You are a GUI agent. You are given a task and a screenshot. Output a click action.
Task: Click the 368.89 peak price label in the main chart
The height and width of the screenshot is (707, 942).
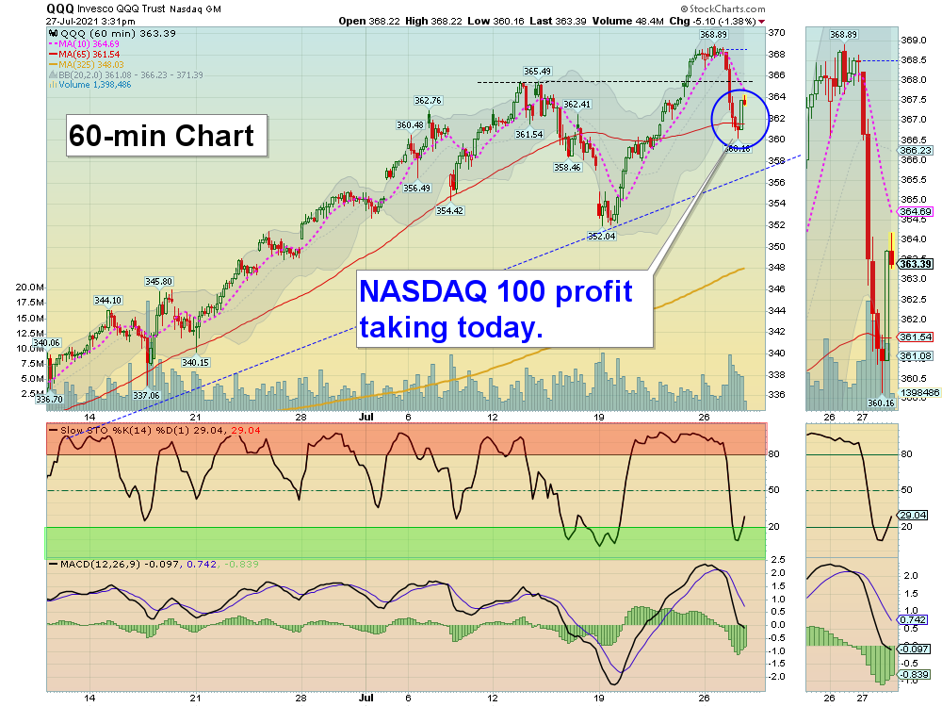(x=712, y=35)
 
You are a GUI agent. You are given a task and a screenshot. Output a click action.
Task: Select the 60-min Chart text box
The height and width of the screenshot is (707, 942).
(x=161, y=136)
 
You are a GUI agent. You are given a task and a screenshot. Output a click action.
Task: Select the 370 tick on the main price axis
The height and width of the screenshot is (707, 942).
(x=777, y=32)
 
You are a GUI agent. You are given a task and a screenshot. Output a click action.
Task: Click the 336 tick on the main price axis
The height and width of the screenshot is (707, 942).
(x=777, y=395)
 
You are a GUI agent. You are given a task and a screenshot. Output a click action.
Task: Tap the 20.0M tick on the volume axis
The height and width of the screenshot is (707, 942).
(x=30, y=287)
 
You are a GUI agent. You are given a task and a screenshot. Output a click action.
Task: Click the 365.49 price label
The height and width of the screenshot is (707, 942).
(x=538, y=71)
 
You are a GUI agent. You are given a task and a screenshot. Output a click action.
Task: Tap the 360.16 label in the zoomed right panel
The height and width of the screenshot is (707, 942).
(x=881, y=403)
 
